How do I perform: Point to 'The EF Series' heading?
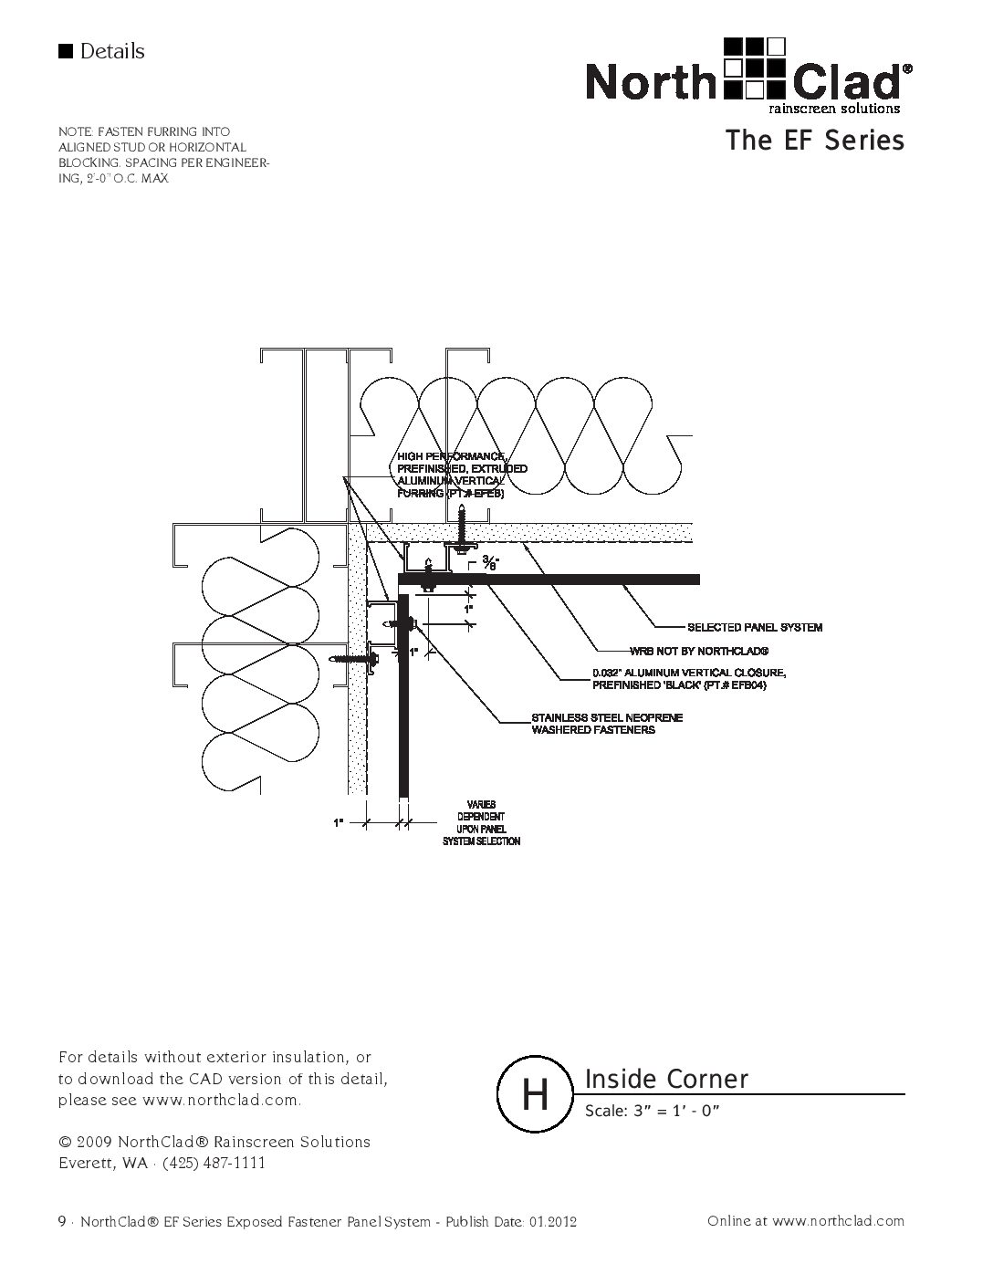click(814, 141)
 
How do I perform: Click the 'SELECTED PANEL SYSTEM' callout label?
click(754, 627)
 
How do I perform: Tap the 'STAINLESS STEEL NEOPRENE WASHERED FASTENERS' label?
click(607, 724)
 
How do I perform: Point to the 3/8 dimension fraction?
click(491, 562)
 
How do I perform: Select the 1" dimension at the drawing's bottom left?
click(339, 823)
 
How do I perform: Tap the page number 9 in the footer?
click(61, 1221)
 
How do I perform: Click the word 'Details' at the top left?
click(112, 51)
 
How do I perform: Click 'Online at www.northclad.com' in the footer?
click(806, 1221)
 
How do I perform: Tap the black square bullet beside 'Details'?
click(65, 51)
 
